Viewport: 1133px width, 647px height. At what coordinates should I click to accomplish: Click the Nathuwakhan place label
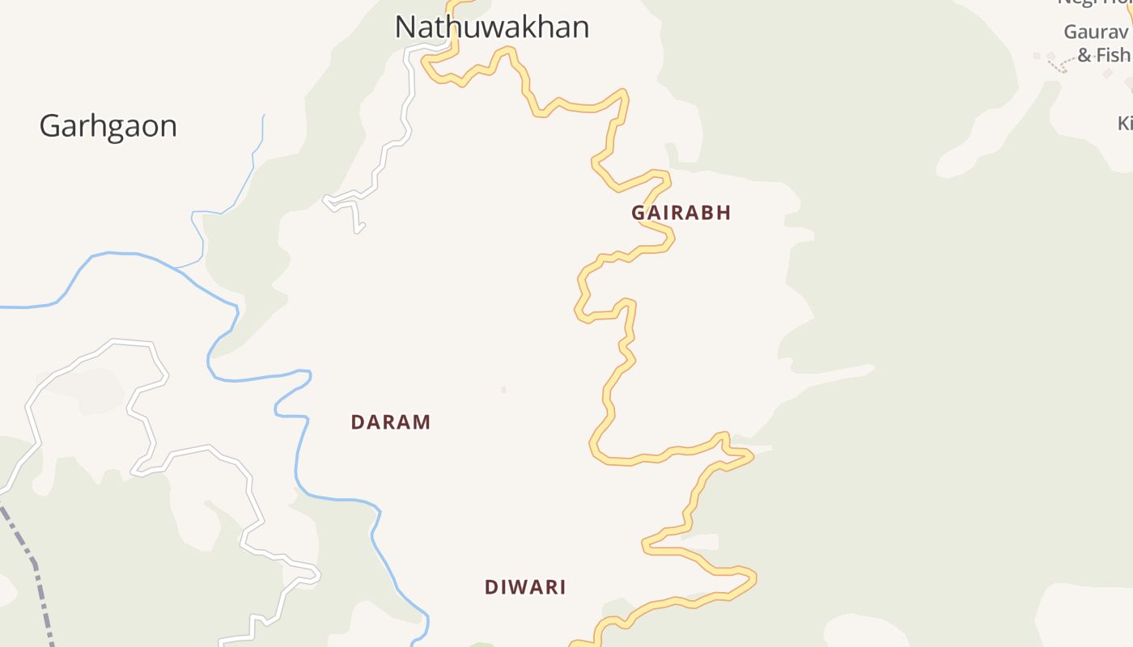pyautogui.click(x=491, y=27)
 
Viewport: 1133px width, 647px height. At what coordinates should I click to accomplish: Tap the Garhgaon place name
pyautogui.click(x=108, y=126)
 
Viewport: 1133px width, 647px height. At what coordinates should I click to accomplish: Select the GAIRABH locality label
pyautogui.click(x=681, y=213)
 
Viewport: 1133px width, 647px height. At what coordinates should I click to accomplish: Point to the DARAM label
pyautogui.click(x=390, y=422)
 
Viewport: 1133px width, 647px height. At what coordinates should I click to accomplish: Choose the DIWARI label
pyautogui.click(x=525, y=587)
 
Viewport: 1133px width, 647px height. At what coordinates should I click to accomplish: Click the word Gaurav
pyautogui.click(x=1095, y=32)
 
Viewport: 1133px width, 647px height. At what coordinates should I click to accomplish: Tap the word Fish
pyautogui.click(x=1114, y=55)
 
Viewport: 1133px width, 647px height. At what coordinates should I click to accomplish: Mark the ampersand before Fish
pyautogui.click(x=1085, y=56)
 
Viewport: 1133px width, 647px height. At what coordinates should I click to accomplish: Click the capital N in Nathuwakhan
pyautogui.click(x=405, y=27)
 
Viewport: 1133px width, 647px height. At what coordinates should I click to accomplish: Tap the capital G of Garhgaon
pyautogui.click(x=50, y=126)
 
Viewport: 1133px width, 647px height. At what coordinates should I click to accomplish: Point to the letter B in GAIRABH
pyautogui.click(x=711, y=213)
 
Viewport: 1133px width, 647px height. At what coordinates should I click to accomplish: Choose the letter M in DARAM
pyautogui.click(x=422, y=422)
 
